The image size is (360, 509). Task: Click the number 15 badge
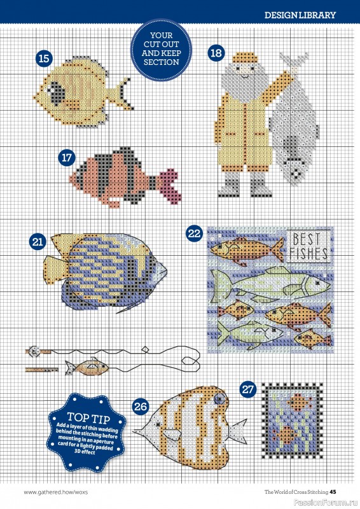[x=44, y=59]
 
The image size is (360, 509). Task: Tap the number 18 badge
[x=217, y=53]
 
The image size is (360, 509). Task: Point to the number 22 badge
[x=194, y=234]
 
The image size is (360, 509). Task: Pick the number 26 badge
[x=141, y=406]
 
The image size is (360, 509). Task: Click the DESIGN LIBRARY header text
[x=300, y=15]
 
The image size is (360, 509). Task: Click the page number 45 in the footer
[x=341, y=491]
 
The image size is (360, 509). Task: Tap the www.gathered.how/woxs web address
[x=53, y=491]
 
